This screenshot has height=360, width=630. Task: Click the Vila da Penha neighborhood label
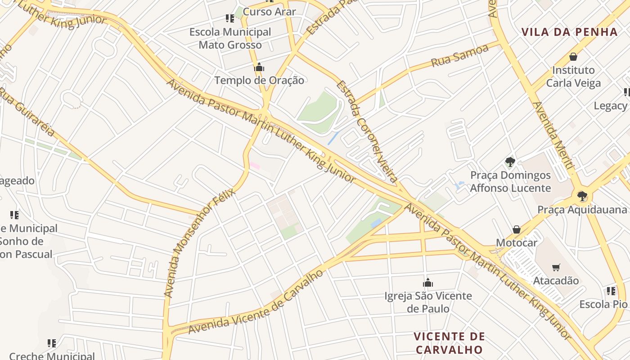tap(569, 32)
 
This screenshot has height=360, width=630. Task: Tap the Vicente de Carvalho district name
tap(449, 343)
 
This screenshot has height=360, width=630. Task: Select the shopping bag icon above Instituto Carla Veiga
tap(573, 57)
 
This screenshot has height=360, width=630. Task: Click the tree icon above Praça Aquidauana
tap(582, 196)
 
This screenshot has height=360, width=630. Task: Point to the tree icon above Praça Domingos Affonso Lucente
tap(510, 162)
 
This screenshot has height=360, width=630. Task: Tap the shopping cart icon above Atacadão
tap(556, 267)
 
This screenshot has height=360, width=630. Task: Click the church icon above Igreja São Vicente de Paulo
tap(427, 283)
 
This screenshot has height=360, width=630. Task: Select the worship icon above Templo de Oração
tap(259, 67)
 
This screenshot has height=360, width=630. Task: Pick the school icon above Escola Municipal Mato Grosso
tap(230, 18)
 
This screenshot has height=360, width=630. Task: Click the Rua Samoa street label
tap(459, 56)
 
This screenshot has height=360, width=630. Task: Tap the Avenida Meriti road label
tap(553, 135)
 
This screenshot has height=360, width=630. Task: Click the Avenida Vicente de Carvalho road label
tap(256, 302)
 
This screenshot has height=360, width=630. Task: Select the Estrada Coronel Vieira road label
tap(367, 131)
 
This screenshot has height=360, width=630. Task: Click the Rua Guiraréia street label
tap(27, 112)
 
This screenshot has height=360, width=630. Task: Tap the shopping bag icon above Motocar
tap(517, 230)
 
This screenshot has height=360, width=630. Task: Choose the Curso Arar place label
tap(269, 12)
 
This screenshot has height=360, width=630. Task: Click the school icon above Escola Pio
tap(611, 291)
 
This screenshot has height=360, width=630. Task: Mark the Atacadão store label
tap(556, 281)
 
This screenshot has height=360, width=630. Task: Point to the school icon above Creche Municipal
tap(52, 343)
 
